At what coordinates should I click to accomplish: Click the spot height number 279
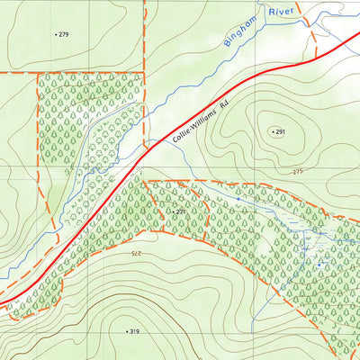point(63,34)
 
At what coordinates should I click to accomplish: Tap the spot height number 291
point(281,132)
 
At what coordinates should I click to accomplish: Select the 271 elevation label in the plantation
point(180,211)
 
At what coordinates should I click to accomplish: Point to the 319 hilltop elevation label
point(135,331)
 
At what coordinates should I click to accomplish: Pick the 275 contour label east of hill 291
point(299,171)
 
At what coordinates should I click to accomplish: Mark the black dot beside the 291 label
point(272,132)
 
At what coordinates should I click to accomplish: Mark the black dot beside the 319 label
point(126,331)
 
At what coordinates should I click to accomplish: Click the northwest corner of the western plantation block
point(37,73)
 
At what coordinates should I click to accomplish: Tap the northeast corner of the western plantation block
point(144,73)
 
